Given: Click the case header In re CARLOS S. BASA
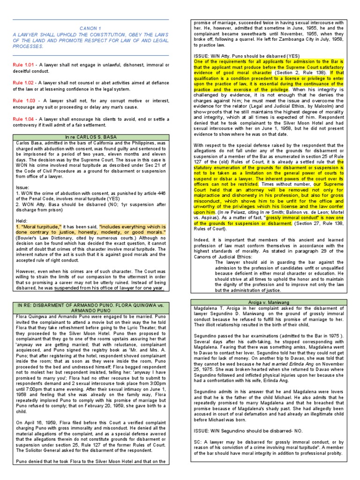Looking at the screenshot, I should click(90, 137).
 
